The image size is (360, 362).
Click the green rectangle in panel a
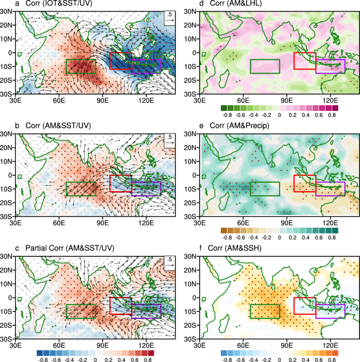point(80,66)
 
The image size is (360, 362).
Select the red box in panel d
point(304,61)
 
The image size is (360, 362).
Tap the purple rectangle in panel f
point(330,311)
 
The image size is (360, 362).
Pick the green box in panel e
point(265,189)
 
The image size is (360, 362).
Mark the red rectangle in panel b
point(120,183)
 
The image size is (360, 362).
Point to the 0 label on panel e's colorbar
point(279,237)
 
